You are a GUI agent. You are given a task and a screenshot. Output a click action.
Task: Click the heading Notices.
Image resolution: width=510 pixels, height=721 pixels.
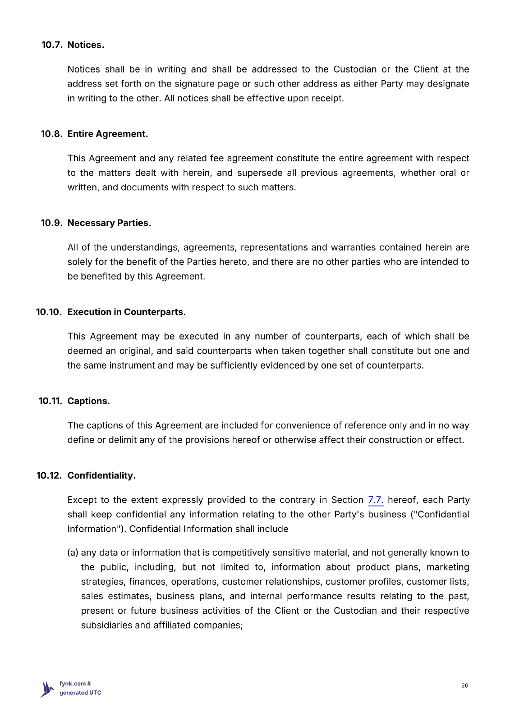tap(86, 45)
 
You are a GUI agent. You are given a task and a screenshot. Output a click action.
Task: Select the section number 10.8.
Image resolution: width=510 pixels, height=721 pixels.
tap(51, 134)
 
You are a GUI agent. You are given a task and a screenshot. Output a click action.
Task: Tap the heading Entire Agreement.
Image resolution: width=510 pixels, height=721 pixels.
tap(108, 134)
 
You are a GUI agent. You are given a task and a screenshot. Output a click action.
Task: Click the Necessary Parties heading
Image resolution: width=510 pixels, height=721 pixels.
tap(110, 223)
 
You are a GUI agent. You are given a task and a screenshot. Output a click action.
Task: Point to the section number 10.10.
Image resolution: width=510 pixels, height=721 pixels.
tap(49, 312)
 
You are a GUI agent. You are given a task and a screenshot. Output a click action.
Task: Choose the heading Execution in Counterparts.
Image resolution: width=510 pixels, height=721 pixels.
tap(127, 312)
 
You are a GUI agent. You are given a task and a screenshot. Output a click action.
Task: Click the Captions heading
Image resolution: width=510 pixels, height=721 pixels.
tap(89, 401)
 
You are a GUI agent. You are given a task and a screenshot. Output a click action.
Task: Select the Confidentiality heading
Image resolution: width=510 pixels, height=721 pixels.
tap(101, 475)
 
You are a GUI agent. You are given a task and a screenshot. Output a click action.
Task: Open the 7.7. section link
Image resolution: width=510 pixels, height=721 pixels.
tap(376, 500)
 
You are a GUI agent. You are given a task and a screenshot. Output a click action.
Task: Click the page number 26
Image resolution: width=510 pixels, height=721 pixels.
tap(465, 685)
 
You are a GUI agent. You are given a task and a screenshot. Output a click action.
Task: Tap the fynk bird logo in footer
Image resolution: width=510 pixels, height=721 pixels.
tap(47, 689)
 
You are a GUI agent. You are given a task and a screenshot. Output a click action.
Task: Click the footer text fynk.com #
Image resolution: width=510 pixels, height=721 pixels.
tap(75, 684)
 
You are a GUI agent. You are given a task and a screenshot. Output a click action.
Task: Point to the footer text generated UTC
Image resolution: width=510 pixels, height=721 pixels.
tap(80, 693)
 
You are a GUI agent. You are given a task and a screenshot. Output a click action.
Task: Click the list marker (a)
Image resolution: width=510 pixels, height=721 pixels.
tap(73, 552)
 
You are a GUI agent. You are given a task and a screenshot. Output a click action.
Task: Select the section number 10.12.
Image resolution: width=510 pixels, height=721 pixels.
tap(49, 475)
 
